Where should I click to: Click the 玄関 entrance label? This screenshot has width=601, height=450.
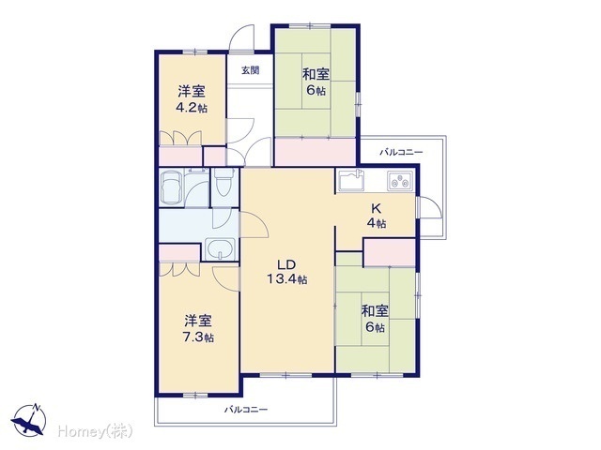point(251,70)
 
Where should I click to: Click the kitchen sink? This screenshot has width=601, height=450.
point(350,181)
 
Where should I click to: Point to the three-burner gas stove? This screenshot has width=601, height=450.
point(400,181)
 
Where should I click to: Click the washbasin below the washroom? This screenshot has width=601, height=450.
point(220,248)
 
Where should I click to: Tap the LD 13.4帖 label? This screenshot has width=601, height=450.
point(286,272)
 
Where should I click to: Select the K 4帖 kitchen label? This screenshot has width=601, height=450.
point(377,216)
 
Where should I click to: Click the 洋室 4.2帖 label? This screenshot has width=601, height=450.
point(192,99)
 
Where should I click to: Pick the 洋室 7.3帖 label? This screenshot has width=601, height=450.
point(198,329)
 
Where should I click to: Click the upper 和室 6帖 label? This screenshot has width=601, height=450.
point(316,82)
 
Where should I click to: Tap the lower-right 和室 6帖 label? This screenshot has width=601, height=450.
point(375,319)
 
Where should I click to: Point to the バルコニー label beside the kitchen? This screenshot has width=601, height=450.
point(401,152)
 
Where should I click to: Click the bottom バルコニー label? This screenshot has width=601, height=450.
point(246,410)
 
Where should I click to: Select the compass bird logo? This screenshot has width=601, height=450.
point(29,420)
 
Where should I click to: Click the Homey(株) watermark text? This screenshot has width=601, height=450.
point(96,431)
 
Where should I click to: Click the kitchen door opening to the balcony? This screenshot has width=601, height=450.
point(430,207)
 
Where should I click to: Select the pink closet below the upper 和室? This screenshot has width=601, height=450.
point(316,152)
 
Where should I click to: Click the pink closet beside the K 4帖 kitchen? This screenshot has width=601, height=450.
point(390,252)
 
